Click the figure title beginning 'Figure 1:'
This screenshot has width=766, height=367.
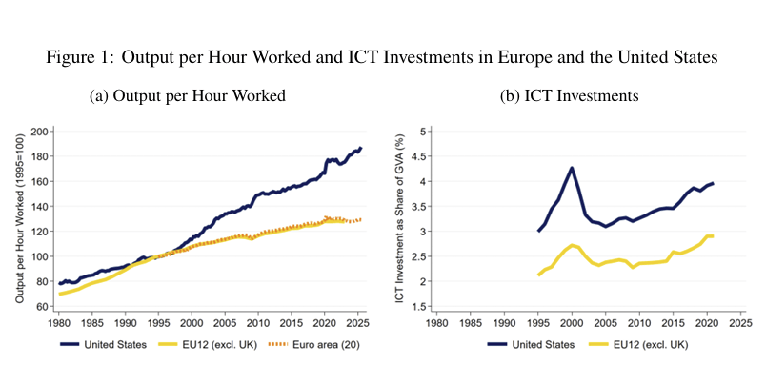coord(382,56)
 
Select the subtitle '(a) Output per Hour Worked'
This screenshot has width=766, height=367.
coord(187,96)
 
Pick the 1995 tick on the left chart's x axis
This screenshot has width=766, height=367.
coord(158,324)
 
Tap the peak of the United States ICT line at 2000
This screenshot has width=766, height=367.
coord(572,168)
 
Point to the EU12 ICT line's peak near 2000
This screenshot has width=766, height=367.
coord(572,245)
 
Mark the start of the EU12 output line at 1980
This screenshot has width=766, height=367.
coord(60,294)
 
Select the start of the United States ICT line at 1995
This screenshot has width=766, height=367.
coord(538,231)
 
